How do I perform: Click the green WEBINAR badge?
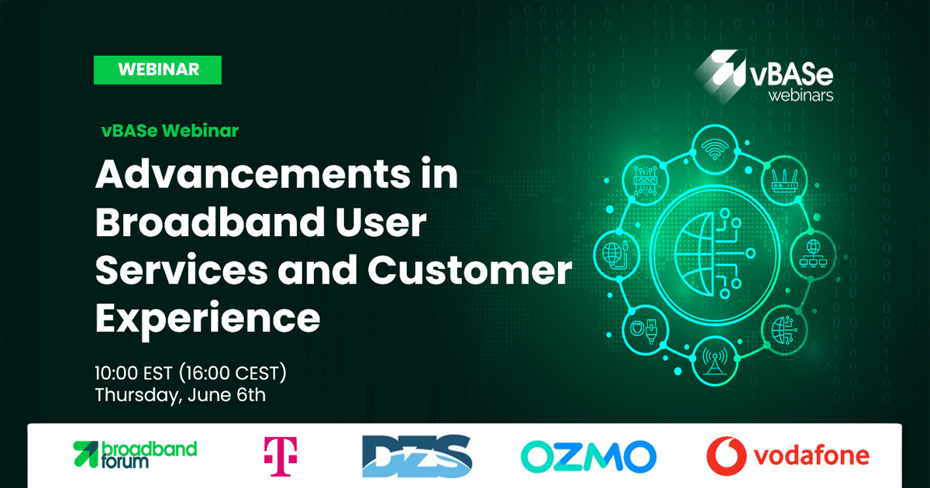[158, 70]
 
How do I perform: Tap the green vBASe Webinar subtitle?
[170, 131]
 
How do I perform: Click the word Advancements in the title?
[253, 174]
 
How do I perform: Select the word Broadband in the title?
[210, 222]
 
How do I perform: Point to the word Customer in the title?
[470, 270]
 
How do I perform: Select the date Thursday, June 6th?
[180, 394]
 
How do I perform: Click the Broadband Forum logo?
[135, 455]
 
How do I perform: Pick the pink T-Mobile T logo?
[281, 456]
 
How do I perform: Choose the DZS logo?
[417, 456]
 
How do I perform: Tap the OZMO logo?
[589, 456]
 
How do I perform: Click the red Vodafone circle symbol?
[726, 455]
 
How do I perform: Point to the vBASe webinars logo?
[764, 76]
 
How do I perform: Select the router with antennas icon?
[784, 180]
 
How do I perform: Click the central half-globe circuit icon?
[715, 253]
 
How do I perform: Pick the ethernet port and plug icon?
[645, 329]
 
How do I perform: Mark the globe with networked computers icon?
[813, 253]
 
